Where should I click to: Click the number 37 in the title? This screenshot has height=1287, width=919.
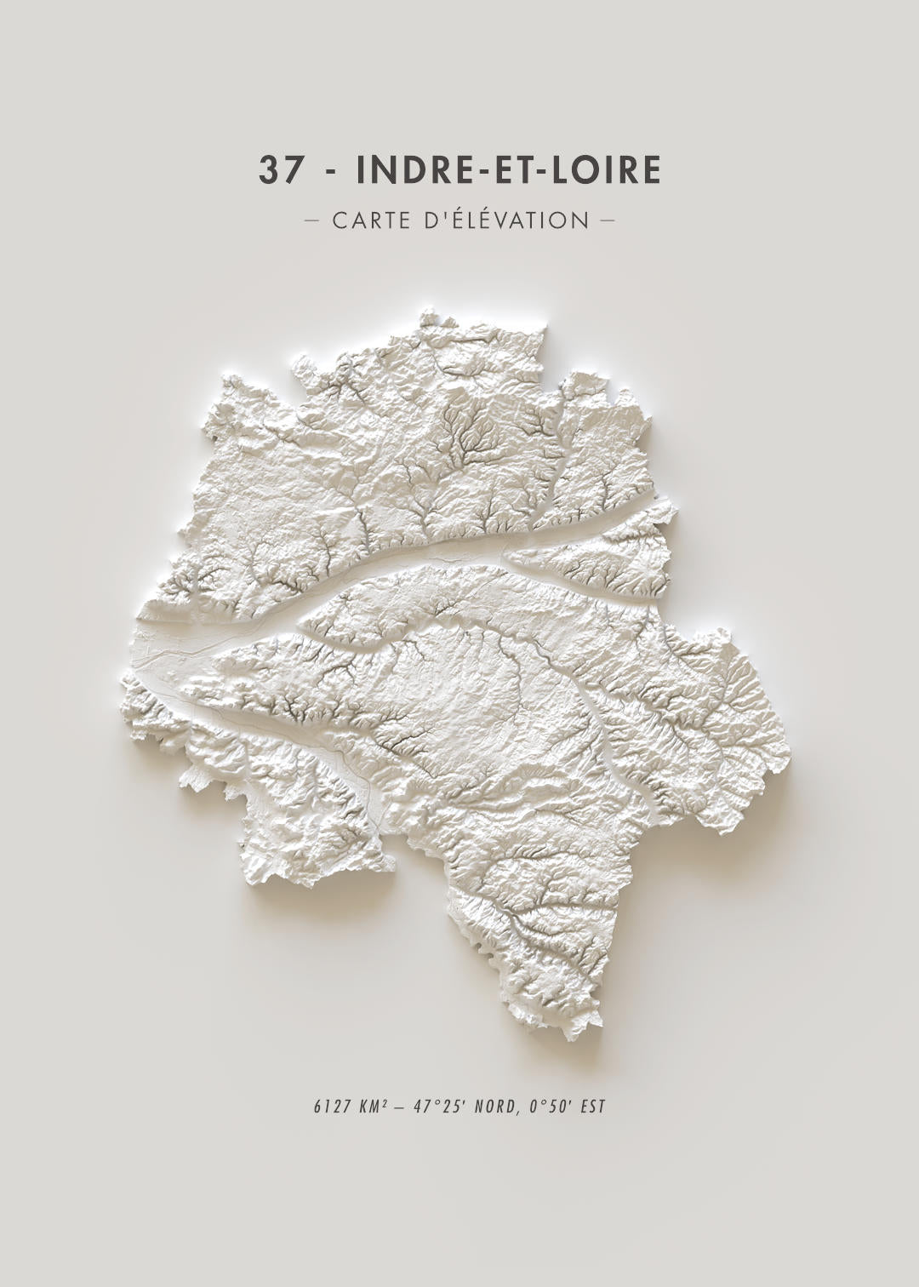pos(280,170)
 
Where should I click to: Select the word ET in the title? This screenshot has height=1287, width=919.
pos(506,170)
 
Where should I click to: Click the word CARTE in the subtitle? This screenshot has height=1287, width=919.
pos(368,220)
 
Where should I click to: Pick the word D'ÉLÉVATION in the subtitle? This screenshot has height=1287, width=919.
pos(505,220)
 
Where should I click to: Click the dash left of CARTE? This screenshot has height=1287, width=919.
pos(311,220)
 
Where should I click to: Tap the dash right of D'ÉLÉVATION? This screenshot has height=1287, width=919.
pos(607,220)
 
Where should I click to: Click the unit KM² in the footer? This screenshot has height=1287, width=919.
pos(375,1107)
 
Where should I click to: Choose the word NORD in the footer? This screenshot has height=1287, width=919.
pos(496,1107)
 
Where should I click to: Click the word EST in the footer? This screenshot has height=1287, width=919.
pos(592,1107)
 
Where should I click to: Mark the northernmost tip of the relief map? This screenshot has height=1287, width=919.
pos(425,315)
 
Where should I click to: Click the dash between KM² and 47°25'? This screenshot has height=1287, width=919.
pos(401,1107)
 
